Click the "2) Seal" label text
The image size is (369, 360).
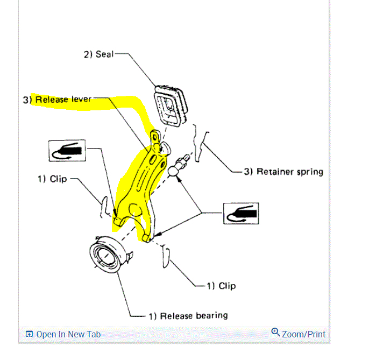click(x=98, y=54)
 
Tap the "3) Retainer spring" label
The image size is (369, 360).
click(x=283, y=172)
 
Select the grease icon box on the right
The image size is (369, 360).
click(x=241, y=214)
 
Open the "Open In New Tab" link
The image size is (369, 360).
click(x=68, y=334)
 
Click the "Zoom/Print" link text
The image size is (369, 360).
click(x=304, y=334)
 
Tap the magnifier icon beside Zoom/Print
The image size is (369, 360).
click(x=275, y=333)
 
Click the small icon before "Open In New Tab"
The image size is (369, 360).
click(x=29, y=335)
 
